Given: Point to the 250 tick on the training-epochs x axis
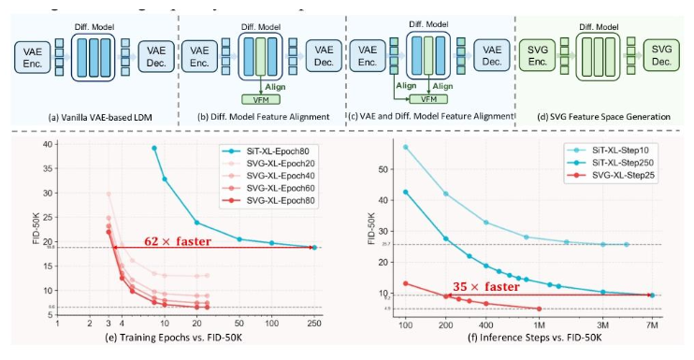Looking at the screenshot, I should click(x=314, y=323).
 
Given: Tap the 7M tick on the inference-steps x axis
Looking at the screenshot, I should click(x=651, y=323).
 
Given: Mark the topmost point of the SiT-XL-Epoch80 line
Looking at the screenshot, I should click(x=154, y=148).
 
